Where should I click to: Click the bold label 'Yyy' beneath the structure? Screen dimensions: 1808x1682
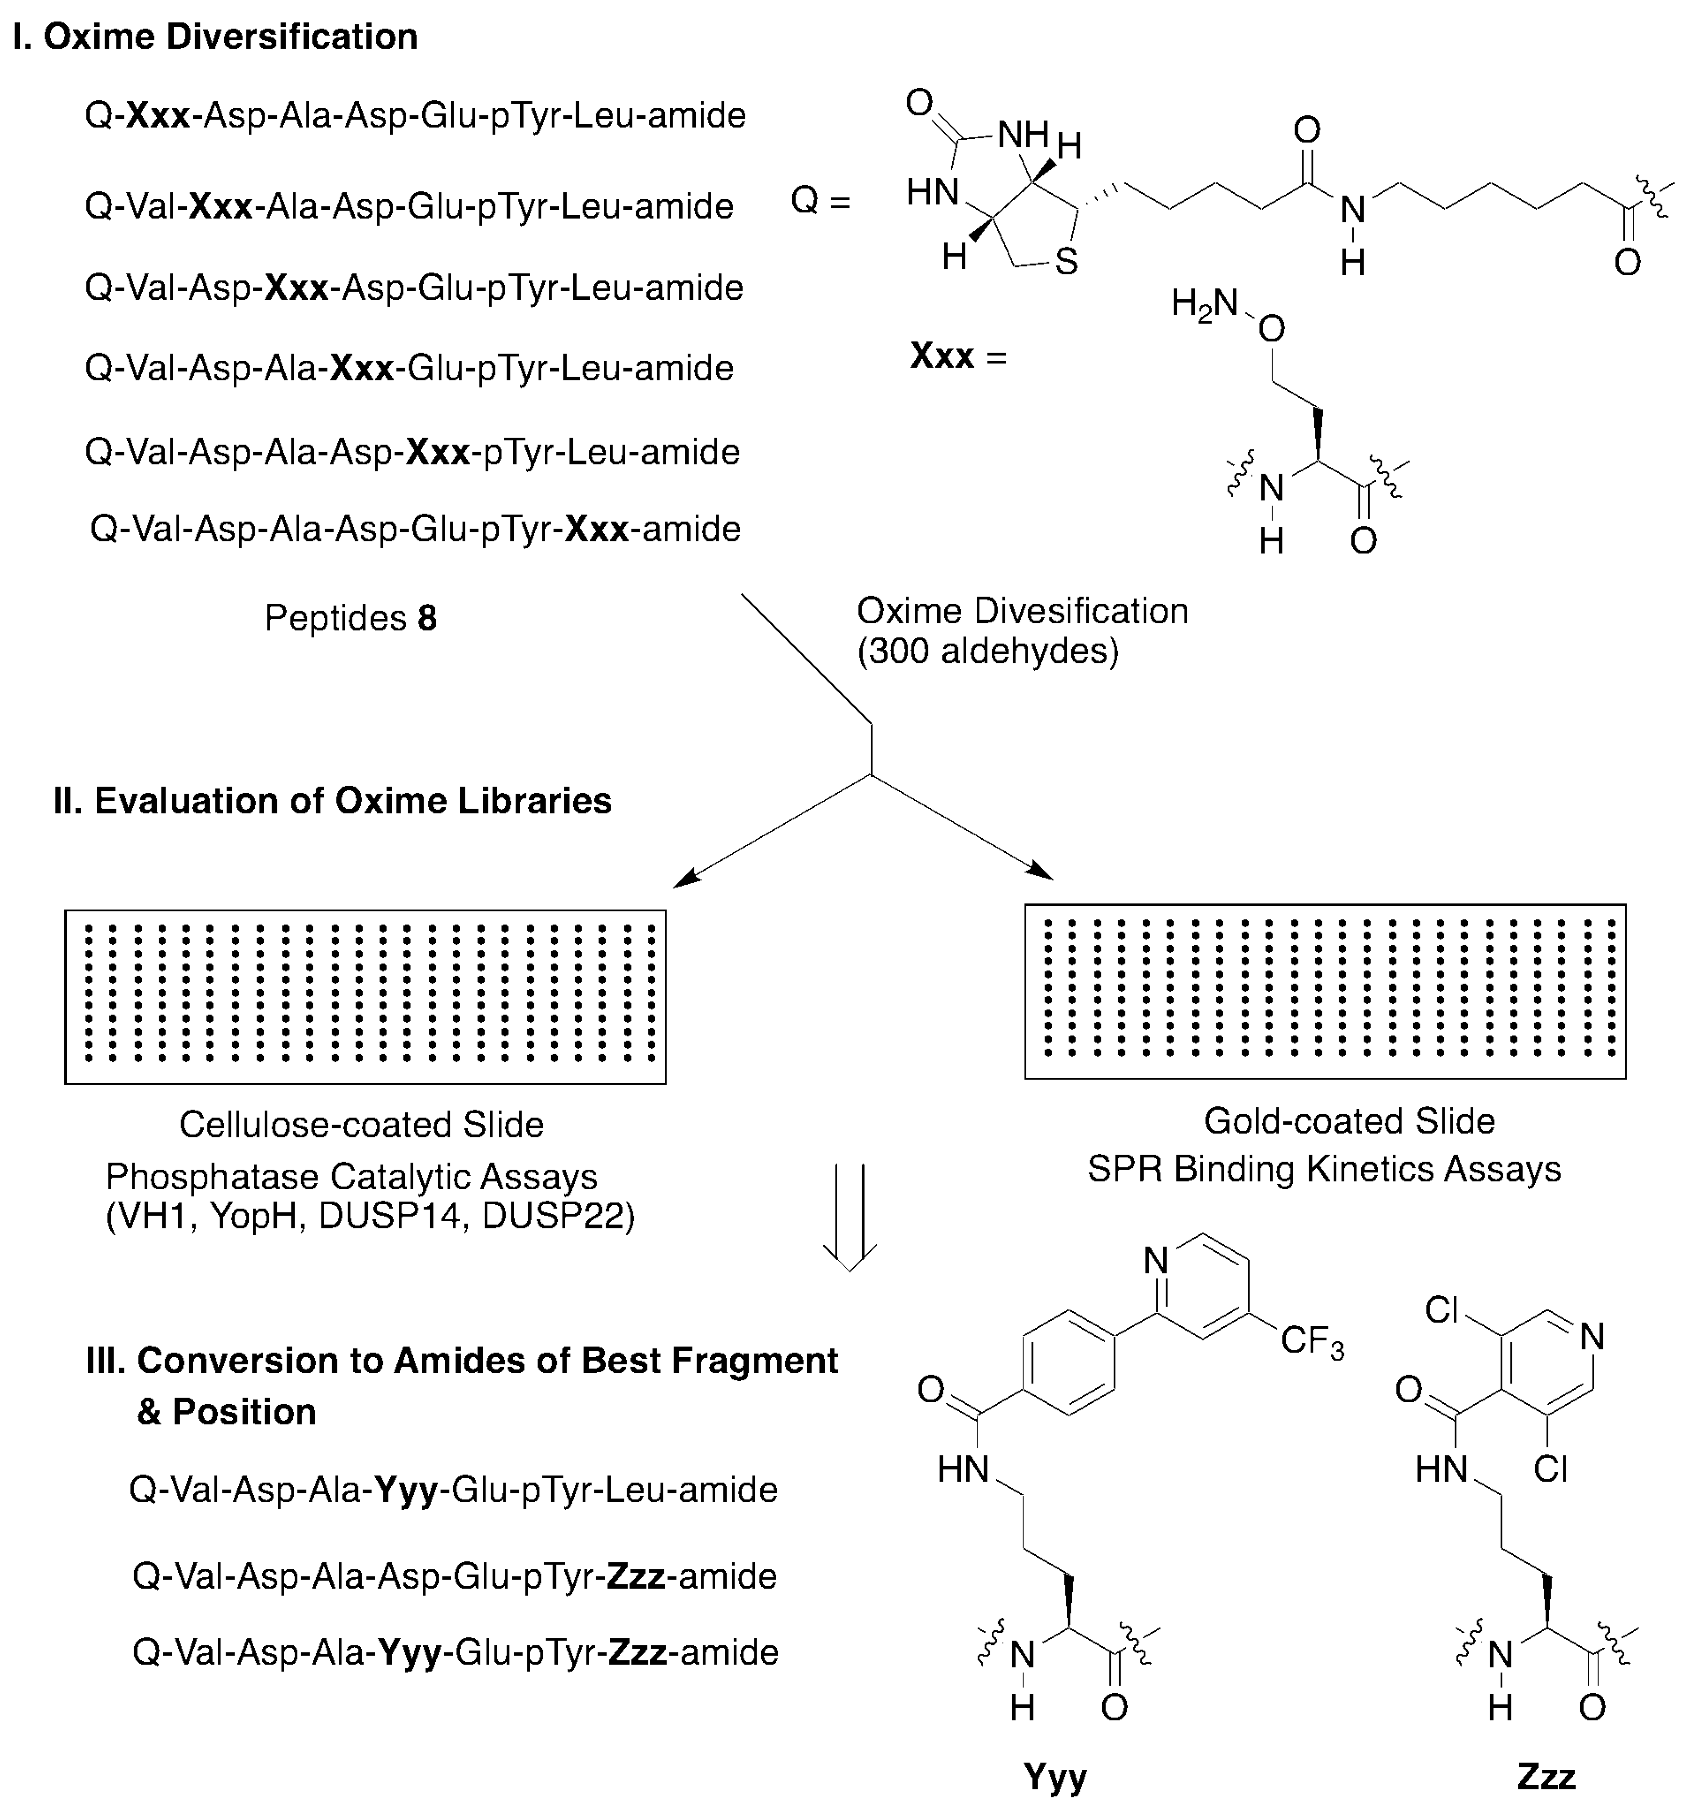point(1054,1774)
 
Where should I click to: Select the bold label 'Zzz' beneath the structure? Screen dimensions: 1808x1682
point(1546,1774)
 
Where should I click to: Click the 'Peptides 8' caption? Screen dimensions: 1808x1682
point(350,618)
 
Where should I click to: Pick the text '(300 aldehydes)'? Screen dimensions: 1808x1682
point(987,651)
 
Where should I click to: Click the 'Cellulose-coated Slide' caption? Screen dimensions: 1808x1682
point(361,1125)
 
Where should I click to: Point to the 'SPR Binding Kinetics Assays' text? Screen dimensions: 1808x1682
point(1324,1170)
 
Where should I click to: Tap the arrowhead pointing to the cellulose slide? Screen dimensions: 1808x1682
point(684,879)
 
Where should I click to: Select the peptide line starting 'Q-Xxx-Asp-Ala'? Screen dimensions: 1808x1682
point(416,116)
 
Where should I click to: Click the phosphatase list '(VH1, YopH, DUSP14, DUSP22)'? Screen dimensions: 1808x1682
point(370,1216)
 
